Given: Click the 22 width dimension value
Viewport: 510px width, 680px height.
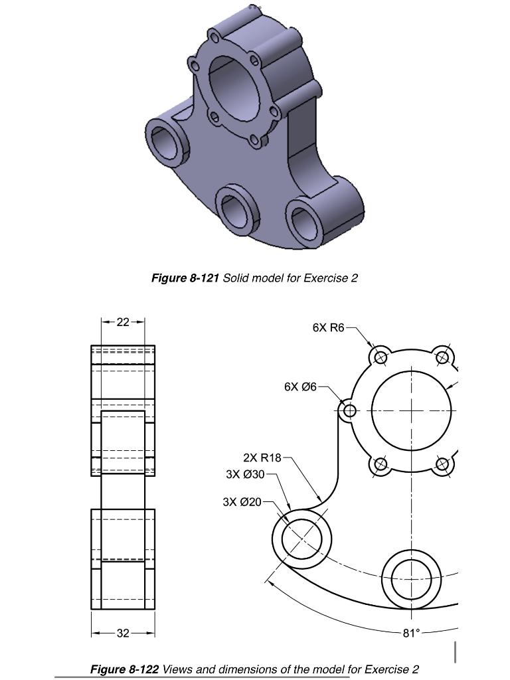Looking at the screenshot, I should (123, 322).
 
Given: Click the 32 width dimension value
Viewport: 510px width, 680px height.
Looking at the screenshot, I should (123, 633).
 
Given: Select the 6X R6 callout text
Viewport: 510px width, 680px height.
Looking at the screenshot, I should (329, 327).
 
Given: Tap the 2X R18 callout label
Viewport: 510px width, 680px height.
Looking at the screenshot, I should (262, 458).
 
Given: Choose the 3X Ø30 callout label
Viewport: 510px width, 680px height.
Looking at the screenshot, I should (246, 474).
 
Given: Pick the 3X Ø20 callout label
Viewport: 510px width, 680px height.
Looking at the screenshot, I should (242, 502).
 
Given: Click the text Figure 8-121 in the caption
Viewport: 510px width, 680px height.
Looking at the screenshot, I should (185, 278).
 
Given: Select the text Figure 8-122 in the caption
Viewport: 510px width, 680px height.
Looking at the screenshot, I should (124, 669).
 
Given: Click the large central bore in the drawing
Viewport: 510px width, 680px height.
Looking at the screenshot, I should (411, 410).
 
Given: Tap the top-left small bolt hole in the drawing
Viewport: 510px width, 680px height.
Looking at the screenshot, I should (381, 357).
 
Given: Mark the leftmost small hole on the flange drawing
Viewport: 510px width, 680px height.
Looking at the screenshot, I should (349, 411).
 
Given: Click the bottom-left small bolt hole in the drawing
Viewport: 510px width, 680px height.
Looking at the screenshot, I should (381, 464).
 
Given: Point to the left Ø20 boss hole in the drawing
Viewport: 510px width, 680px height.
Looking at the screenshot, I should (302, 539).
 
